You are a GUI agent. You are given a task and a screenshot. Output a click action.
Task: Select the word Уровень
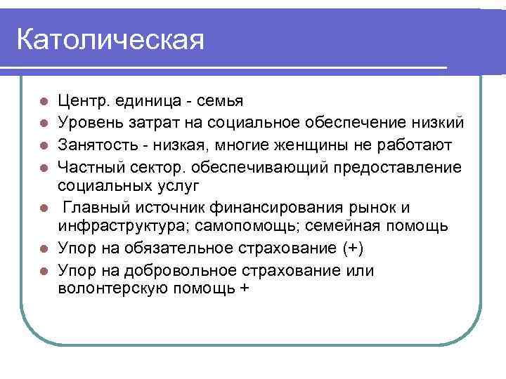[x=91, y=124]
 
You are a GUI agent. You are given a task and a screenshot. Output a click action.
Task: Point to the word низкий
[x=436, y=124]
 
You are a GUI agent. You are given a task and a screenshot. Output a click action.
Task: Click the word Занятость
[x=98, y=145]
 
